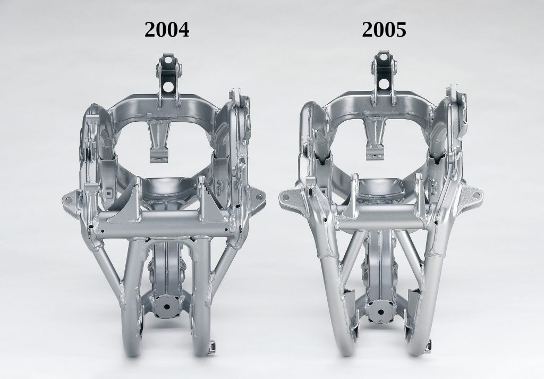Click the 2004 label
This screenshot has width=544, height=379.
coord(167,29)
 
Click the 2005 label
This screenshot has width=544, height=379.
coord(384,29)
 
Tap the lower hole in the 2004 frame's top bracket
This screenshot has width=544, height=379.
coord(168,86)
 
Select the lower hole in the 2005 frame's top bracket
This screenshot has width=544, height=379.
coord(384,83)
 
